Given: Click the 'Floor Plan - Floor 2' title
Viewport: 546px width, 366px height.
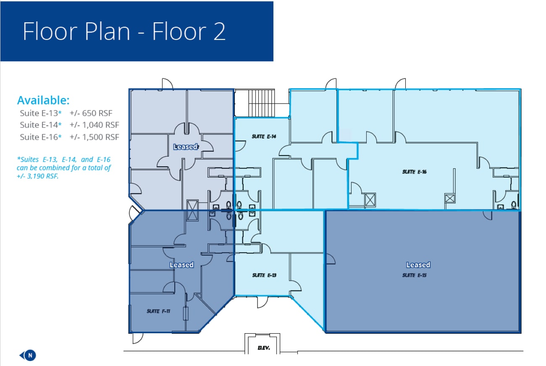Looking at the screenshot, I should (124, 31).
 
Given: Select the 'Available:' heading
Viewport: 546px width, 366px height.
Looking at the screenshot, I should (43, 101).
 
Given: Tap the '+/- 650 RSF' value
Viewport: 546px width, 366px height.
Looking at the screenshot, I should (91, 113).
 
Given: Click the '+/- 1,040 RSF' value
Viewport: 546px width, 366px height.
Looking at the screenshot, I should (94, 125).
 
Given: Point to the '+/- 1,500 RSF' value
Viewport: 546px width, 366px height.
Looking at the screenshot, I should (94, 137).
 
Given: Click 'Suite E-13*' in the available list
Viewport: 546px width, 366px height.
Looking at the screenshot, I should (41, 113).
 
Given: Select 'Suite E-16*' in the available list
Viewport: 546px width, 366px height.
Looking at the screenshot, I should (41, 137).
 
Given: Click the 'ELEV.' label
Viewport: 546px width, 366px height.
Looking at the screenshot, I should (263, 348).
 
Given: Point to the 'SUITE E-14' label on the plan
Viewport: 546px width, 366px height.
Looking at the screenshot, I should (264, 136).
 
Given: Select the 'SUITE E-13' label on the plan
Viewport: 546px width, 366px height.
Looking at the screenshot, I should (264, 275).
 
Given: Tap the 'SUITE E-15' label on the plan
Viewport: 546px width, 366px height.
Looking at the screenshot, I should (415, 275).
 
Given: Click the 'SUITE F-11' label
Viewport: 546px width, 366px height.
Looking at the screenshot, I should (158, 311).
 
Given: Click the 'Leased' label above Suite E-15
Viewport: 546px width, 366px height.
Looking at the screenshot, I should (418, 265).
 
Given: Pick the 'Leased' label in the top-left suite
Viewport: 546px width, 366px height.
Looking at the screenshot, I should (185, 146).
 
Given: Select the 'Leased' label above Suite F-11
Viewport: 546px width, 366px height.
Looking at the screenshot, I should (181, 265).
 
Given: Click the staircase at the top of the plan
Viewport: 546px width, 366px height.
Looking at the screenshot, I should (261, 103).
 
